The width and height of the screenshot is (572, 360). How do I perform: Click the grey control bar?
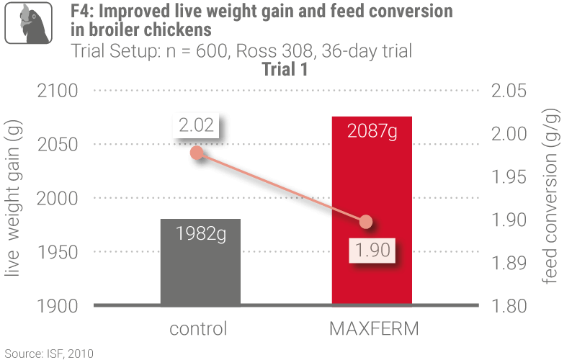click(x=200, y=263)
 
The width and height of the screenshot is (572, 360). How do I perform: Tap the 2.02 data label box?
click(x=197, y=125)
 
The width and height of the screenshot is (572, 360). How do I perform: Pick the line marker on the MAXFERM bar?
click(x=366, y=222)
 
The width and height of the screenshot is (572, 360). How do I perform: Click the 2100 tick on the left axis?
click(x=55, y=91)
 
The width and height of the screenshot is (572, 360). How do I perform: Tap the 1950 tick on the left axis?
click(x=55, y=253)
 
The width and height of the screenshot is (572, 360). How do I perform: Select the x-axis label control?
click(x=198, y=330)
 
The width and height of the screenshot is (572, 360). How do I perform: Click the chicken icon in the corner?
click(x=31, y=22)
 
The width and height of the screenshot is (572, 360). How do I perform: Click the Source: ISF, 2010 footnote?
click(x=48, y=353)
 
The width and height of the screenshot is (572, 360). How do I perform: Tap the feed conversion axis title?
click(x=552, y=198)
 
